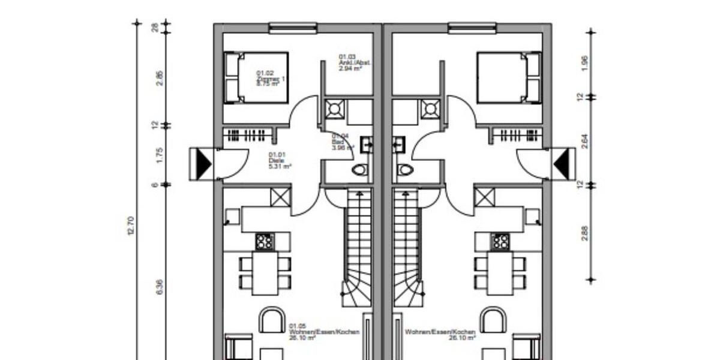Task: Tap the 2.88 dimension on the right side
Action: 585,233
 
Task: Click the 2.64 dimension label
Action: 585,141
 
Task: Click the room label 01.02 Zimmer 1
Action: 268,79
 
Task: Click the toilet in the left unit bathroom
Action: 359,170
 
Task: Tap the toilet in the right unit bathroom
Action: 405,170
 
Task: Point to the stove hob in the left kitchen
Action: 264,241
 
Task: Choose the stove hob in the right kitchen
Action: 499,241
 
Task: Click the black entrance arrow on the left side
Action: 202,163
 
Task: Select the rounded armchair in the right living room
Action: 493,320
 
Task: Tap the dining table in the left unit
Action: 265,273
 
